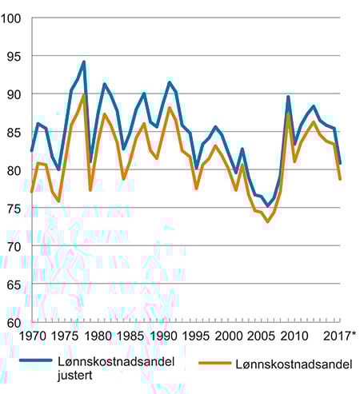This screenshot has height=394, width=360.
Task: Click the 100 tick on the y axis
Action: [14, 18]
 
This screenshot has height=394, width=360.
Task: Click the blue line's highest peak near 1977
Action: [84, 62]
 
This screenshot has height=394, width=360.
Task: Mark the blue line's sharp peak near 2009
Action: [288, 97]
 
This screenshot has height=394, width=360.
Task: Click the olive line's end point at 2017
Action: [340, 179]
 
